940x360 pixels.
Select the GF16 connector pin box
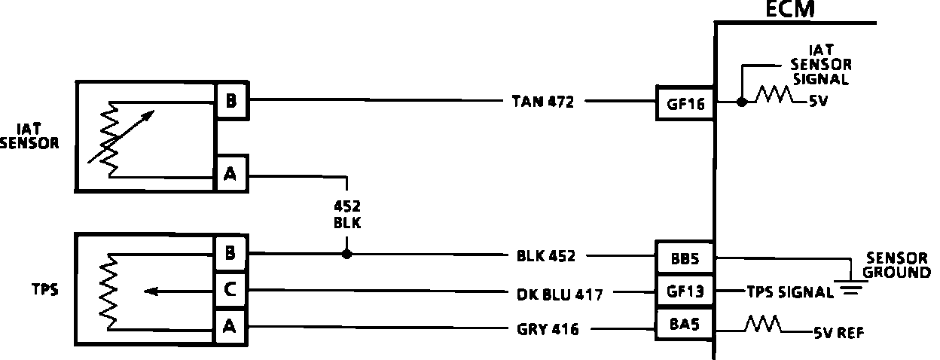point(685,105)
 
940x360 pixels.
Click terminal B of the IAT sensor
point(231,101)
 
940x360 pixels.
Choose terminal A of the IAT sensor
point(230,175)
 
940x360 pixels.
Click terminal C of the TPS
point(230,290)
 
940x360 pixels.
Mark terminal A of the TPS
point(230,325)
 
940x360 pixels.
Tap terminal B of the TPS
point(230,253)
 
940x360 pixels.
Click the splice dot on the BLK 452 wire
point(346,255)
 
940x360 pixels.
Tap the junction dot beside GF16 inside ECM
point(742,102)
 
